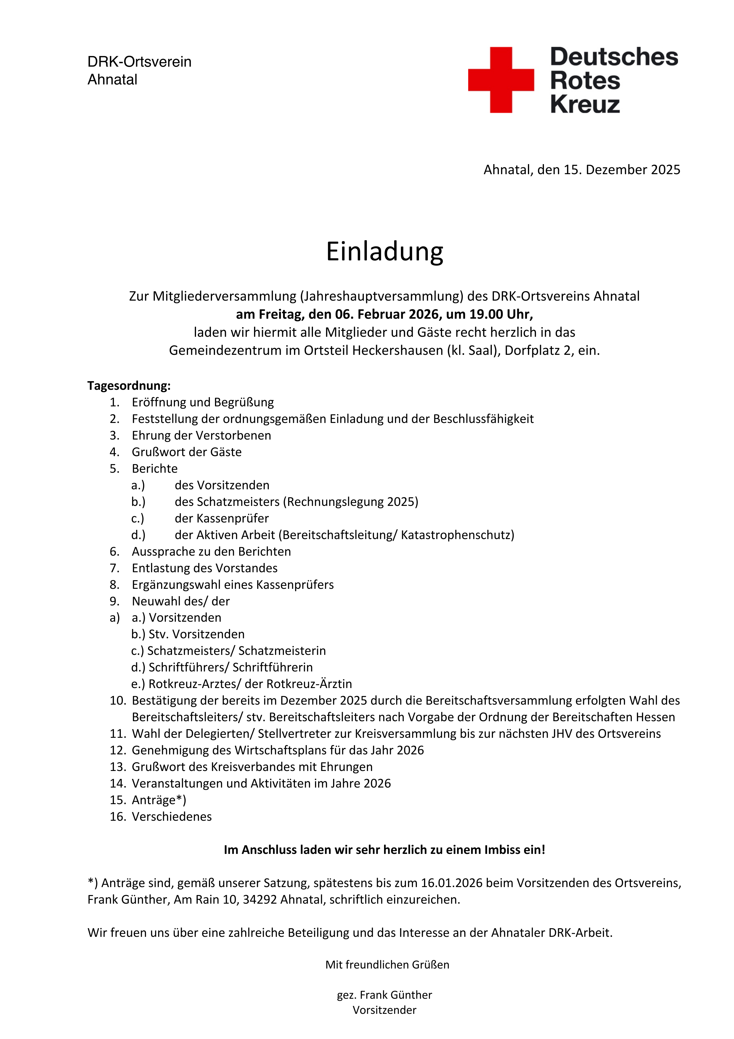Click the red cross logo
click(501, 80)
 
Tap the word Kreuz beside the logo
click(585, 104)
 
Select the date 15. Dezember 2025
click(621, 170)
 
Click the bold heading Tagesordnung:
click(129, 386)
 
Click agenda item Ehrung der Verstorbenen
click(201, 435)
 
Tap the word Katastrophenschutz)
click(457, 535)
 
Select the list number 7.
click(114, 568)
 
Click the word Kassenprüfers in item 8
click(295, 585)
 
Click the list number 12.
click(118, 750)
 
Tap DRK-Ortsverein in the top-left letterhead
click(139, 62)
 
